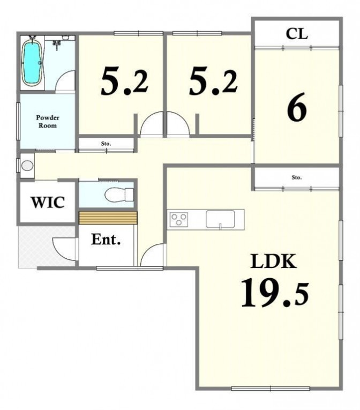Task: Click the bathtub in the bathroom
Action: pyautogui.click(x=32, y=64)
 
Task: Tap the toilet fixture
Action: pyautogui.click(x=119, y=195)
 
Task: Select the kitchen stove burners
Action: pyautogui.click(x=179, y=219)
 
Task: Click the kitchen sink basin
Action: pyautogui.click(x=220, y=219)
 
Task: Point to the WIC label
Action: pyautogui.click(x=48, y=203)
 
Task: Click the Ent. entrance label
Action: pyautogui.click(x=106, y=239)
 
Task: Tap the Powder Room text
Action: pyautogui.click(x=48, y=122)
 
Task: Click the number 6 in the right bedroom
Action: pyautogui.click(x=296, y=107)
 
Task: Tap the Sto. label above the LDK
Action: pyautogui.click(x=297, y=177)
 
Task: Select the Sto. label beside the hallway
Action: pyautogui.click(x=106, y=144)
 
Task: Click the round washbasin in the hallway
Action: pyautogui.click(x=27, y=166)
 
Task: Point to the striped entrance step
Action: pyautogui.click(x=108, y=218)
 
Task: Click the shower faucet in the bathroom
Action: pyautogui.click(x=57, y=45)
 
